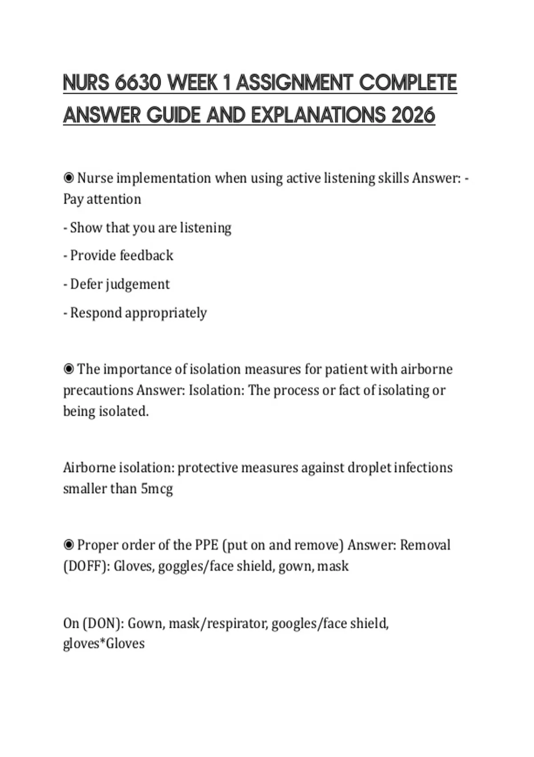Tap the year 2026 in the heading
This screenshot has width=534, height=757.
click(413, 115)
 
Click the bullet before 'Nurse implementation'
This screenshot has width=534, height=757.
click(69, 178)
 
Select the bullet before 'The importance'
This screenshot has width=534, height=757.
click(69, 369)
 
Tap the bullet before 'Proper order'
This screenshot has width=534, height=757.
click(69, 545)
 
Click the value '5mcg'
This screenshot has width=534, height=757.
click(157, 489)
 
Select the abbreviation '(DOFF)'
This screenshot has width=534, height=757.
click(86, 566)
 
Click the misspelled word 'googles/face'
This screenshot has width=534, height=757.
click(309, 623)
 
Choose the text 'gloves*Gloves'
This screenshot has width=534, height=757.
click(104, 644)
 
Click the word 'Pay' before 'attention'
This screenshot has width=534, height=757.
click(73, 199)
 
